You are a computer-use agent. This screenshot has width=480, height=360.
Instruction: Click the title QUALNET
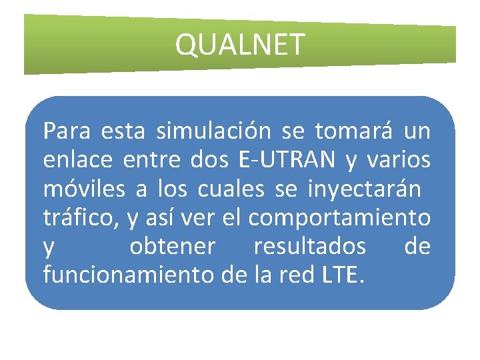click(239, 45)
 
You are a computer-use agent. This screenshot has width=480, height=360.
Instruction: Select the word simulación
click(213, 131)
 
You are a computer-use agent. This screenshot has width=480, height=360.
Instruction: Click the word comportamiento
click(339, 219)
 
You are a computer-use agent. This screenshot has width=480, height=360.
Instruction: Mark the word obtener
click(173, 247)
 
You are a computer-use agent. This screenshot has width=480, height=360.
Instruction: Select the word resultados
click(309, 247)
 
